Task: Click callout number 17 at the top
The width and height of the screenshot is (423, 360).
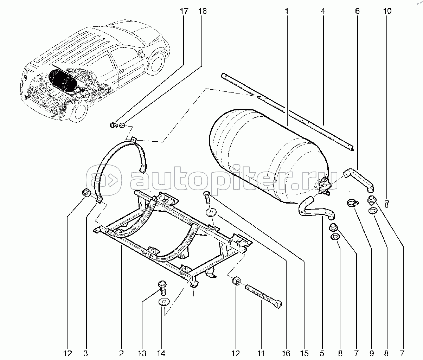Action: (184, 11)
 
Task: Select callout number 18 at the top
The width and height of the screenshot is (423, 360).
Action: (202, 11)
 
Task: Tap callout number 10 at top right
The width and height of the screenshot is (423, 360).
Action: (387, 11)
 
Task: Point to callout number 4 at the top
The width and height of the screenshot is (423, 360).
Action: (322, 11)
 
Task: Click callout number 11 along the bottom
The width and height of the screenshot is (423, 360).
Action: (261, 353)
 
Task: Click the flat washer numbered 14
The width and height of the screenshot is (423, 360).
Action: (164, 302)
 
